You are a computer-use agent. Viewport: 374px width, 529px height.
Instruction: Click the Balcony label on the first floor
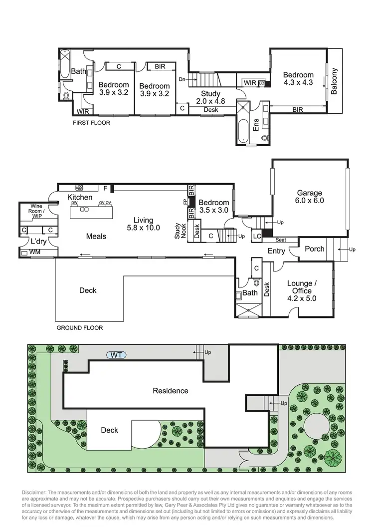(x=334, y=81)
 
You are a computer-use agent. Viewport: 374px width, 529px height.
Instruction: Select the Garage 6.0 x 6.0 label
(x=310, y=197)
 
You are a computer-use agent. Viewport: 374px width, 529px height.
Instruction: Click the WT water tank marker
(x=116, y=355)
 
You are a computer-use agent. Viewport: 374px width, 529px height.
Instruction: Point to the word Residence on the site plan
(x=171, y=390)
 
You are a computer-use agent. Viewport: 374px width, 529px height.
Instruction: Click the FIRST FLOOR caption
(x=91, y=122)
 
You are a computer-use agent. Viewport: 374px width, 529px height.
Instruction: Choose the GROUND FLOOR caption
(x=80, y=328)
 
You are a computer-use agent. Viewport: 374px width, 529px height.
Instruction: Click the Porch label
(x=314, y=249)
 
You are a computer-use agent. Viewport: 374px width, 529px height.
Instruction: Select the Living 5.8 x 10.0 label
(x=143, y=224)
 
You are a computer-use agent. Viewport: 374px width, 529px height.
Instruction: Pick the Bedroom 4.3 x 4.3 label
(x=298, y=79)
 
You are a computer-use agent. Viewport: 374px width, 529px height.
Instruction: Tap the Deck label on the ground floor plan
(x=88, y=290)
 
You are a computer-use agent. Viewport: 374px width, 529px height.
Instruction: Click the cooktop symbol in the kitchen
(x=79, y=188)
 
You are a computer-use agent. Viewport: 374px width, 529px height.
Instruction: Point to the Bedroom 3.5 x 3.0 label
(x=213, y=206)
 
